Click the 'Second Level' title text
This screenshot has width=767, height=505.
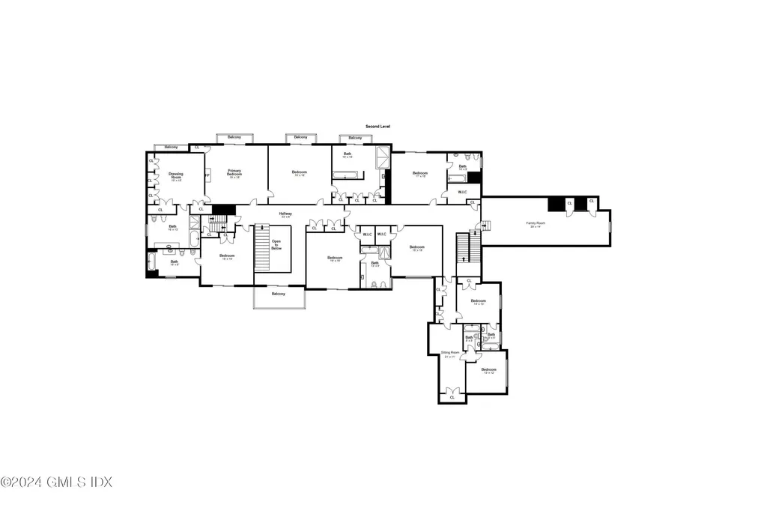[378, 127]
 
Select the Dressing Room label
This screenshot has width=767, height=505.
[175, 176]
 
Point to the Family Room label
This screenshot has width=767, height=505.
[535, 224]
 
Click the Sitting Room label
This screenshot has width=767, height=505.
[449, 354]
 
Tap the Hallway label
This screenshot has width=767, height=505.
[285, 215]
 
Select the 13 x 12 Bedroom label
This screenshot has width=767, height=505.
[488, 371]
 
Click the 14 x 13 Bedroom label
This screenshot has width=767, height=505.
[479, 302]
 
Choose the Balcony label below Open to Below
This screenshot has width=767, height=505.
[278, 294]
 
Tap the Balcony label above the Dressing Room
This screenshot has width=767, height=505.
[172, 147]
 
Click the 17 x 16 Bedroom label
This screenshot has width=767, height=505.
[419, 175]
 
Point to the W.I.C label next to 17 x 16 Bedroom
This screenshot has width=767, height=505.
[463, 193]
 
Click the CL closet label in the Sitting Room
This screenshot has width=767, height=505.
[451, 397]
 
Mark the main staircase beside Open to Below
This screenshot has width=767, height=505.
[261, 247]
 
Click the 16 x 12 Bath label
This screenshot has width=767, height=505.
[172, 228]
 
